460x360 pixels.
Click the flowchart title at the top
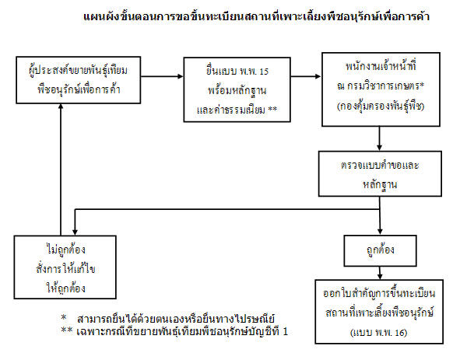256,16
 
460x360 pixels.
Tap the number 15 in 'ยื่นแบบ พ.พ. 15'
264,72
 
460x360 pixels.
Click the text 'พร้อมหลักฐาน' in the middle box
237,91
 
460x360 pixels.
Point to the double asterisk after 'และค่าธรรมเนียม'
272,110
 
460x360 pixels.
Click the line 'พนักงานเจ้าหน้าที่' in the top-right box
381,65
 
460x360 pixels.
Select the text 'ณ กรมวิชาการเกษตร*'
381,86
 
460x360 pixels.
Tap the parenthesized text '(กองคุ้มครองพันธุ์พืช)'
381,106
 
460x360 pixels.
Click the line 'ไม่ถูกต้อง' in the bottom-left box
65,250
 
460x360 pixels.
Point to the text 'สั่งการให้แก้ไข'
65,268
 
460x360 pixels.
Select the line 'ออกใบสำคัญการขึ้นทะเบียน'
379,293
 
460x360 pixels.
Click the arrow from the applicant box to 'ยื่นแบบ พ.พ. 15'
162,76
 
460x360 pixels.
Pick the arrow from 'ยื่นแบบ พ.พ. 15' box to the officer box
306,76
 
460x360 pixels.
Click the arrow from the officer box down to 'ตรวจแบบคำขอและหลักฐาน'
380,138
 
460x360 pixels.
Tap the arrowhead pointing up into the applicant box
61,107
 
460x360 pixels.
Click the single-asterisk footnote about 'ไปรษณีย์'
168,318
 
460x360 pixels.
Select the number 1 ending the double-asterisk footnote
285,331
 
